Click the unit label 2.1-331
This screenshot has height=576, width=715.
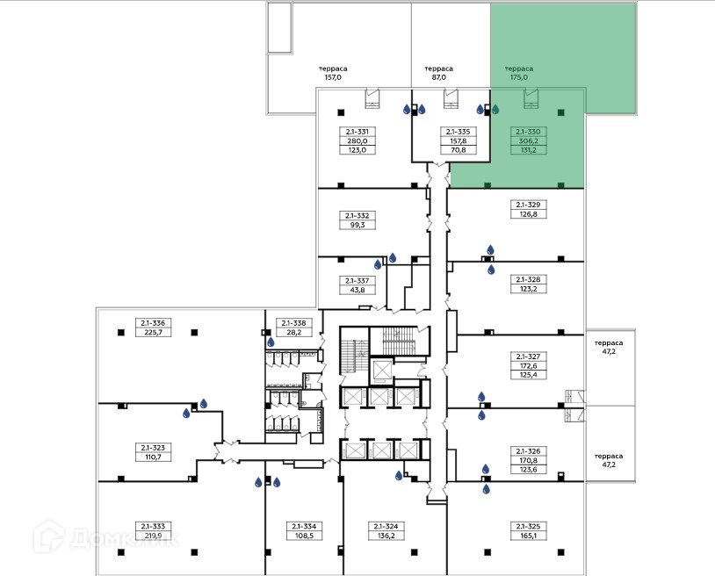(357, 132)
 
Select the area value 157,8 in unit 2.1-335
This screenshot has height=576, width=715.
(458, 140)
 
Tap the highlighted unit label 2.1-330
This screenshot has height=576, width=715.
(531, 132)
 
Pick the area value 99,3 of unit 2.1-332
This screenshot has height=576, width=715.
(357, 225)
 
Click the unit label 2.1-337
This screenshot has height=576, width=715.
(357, 280)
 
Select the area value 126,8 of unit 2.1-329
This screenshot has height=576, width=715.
(528, 213)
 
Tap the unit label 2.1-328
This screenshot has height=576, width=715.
(528, 278)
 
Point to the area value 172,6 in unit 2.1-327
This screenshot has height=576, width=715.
(528, 365)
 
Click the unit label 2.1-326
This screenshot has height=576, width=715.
(528, 450)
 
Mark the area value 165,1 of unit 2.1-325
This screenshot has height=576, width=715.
(528, 535)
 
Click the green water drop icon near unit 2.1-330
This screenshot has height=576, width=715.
(495, 110)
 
